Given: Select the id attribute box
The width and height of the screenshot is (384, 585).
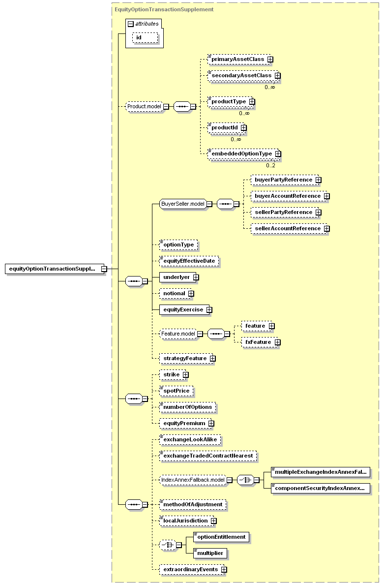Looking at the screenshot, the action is click(145, 38).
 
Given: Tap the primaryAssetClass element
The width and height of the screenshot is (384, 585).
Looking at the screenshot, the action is click(238, 60).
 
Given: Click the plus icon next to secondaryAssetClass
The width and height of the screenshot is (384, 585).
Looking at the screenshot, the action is click(278, 76).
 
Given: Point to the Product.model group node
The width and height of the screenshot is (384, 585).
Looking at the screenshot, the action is click(144, 107).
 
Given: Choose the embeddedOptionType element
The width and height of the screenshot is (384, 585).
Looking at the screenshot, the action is click(243, 154).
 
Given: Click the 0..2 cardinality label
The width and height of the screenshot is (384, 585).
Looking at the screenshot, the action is click(270, 165).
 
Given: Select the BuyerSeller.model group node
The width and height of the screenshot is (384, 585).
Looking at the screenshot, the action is click(183, 204).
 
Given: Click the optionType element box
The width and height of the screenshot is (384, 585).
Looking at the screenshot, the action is click(178, 245).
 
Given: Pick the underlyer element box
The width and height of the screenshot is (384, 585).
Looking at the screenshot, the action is click(177, 277).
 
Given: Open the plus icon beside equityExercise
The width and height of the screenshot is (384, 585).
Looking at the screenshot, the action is click(209, 310).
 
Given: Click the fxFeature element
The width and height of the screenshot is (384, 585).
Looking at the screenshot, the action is click(259, 342).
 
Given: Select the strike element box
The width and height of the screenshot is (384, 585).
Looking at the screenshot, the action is click(173, 374).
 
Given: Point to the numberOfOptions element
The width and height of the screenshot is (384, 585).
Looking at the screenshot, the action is click(187, 407).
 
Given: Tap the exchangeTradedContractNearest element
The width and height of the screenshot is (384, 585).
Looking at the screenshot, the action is click(208, 456).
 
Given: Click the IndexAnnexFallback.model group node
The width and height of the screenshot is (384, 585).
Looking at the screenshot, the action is click(193, 480).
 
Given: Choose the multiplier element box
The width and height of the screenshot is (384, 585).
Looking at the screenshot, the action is click(210, 554).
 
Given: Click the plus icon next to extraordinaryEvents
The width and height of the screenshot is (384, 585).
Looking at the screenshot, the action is click(224, 570).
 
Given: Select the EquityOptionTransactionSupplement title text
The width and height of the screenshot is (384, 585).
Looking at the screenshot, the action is click(164, 9).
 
